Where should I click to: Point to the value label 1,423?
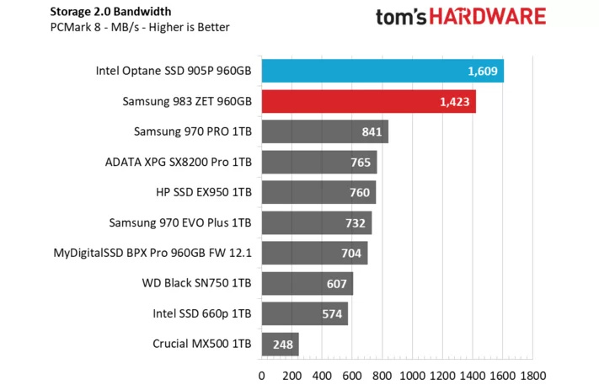456,102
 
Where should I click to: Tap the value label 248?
282,344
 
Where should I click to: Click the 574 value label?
331,314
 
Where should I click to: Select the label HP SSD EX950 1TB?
204,193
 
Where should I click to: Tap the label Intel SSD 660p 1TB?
203,313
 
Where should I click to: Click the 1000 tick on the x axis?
412,375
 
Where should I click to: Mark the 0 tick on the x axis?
262,375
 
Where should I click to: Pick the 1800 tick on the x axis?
532,375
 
